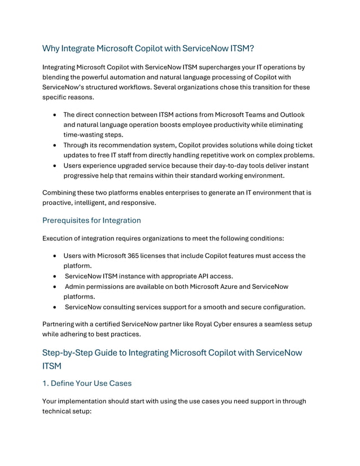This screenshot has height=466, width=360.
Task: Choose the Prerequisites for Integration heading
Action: click(x=91, y=220)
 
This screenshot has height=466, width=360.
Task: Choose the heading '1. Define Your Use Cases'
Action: click(x=87, y=383)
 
